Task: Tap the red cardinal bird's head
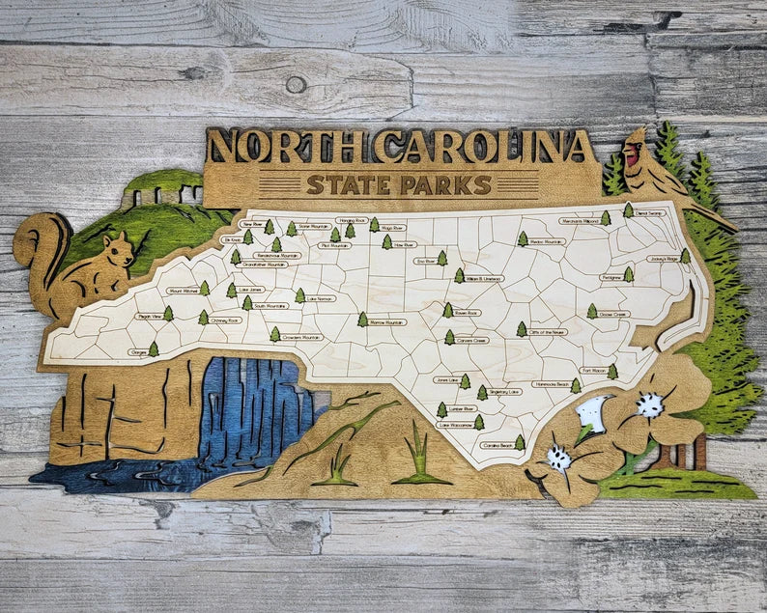[633, 153]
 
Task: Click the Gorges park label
[138, 351]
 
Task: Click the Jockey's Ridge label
[664, 259]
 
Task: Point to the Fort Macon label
[592, 370]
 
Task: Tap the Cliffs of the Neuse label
[554, 332]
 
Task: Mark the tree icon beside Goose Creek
[591, 312]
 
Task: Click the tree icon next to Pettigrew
[628, 275]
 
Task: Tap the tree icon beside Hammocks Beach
[576, 385]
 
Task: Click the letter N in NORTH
[226, 148]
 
